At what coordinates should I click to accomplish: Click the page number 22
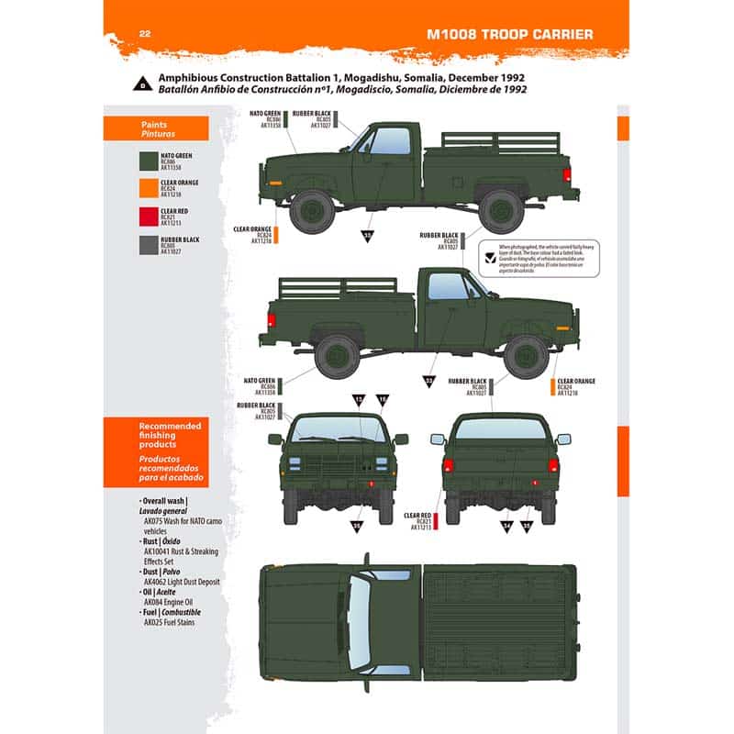tap(144, 34)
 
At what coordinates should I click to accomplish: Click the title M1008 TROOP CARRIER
tap(510, 35)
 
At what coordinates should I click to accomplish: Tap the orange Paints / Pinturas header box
tap(156, 128)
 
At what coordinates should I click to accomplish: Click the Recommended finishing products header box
tap(156, 453)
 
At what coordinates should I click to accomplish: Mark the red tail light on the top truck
tap(567, 174)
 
